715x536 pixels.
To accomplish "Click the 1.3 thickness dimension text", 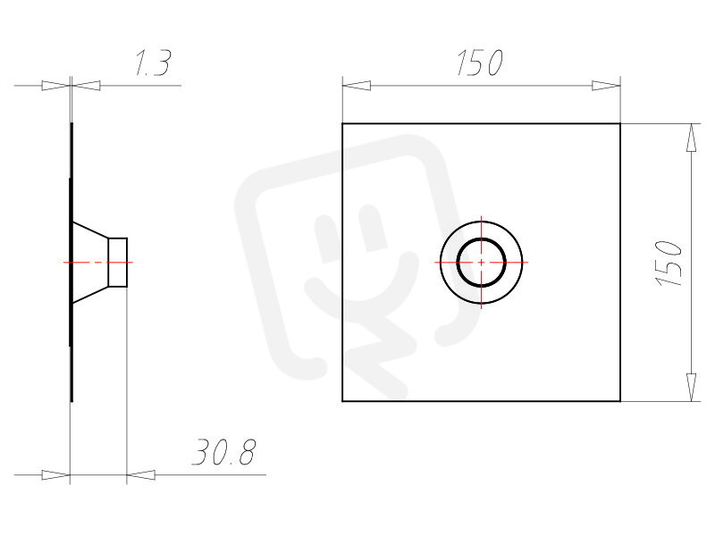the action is [x=153, y=63].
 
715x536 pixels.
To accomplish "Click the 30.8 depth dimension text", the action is [x=224, y=452].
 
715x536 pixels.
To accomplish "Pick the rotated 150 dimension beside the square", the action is [x=669, y=264].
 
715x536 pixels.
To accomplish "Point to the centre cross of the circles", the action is [x=482, y=263].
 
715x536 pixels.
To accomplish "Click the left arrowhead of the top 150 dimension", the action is [x=356, y=85].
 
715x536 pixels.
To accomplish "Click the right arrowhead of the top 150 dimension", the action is [x=606, y=85].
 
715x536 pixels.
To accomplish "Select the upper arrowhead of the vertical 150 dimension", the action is [x=692, y=138].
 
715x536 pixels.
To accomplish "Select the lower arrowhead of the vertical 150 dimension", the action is [x=692, y=387].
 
